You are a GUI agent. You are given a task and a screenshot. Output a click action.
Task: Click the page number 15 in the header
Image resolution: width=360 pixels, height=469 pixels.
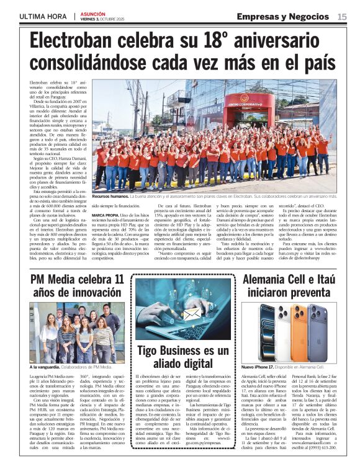pos(342,17)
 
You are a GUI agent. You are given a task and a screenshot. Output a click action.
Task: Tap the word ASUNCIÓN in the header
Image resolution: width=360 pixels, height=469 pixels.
pos(93,12)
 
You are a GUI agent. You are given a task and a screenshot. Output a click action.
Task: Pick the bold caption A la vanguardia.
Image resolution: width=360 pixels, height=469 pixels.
pos(48,367)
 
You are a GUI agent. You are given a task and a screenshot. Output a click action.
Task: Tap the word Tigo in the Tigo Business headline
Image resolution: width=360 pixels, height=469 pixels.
pos(151,351)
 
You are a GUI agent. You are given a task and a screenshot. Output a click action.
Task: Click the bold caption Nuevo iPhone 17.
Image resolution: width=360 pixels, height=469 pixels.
pos(259,367)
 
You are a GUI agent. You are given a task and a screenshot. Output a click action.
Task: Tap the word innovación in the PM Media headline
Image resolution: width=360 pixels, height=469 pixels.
pos(86,292)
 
